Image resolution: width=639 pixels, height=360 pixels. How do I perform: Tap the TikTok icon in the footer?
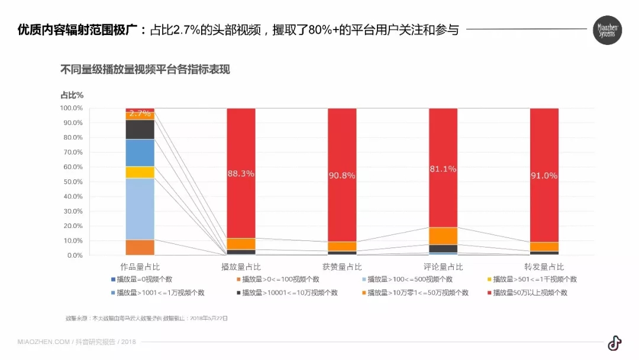click(x=614, y=343)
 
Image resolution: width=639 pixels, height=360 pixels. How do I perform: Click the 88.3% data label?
click(x=241, y=173)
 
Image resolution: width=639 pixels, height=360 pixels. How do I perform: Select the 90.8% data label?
click(x=342, y=175)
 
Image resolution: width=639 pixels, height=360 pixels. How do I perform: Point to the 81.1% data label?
click(x=443, y=169)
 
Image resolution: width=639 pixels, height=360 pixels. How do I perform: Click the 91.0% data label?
click(x=544, y=175)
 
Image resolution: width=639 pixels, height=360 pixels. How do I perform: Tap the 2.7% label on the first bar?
click(x=140, y=113)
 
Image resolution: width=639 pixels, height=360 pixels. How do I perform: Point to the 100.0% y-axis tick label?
click(x=71, y=108)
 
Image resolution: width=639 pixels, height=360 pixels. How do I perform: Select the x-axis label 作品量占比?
click(x=140, y=267)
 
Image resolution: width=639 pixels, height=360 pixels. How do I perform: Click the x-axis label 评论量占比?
click(x=443, y=267)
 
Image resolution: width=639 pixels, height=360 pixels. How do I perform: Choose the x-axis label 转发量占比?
click(x=544, y=267)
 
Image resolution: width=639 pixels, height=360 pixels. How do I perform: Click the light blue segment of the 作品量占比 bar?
click(x=140, y=209)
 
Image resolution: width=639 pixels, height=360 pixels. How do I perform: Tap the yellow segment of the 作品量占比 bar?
click(x=140, y=172)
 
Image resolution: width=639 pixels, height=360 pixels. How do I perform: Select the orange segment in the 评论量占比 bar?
click(x=443, y=236)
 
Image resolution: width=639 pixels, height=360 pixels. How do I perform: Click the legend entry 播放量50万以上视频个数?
click(x=530, y=292)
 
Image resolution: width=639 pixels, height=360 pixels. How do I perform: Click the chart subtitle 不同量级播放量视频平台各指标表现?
click(x=145, y=69)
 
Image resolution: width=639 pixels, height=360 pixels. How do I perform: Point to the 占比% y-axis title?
click(x=72, y=95)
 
